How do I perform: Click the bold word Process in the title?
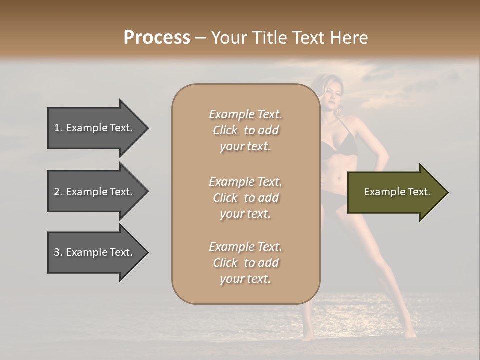(x=157, y=38)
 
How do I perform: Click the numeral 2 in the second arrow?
(x=57, y=192)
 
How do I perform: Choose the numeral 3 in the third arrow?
(x=57, y=252)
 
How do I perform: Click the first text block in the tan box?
(x=245, y=130)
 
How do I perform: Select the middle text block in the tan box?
(x=245, y=198)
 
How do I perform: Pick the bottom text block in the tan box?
(x=245, y=263)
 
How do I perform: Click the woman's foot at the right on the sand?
(x=410, y=334)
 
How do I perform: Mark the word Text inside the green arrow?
(x=419, y=192)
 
